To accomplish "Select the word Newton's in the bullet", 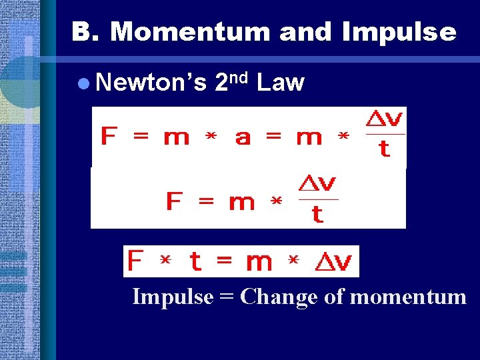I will click(x=151, y=83).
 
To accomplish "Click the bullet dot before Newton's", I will click(x=82, y=83).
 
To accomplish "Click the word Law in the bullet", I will click(x=280, y=83).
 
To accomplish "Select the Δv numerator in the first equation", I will click(x=385, y=119).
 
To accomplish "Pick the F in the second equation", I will click(x=174, y=201).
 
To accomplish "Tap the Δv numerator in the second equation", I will click(x=318, y=183).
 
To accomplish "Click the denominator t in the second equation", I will click(x=317, y=214).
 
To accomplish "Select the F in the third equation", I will click(x=135, y=261).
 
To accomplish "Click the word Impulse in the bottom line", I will click(x=171, y=297).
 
